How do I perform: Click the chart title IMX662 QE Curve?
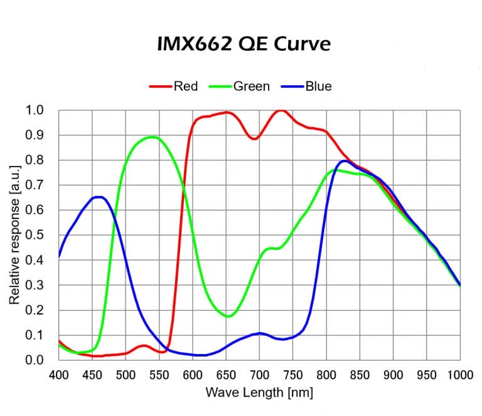point(243,44)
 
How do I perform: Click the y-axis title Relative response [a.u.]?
point(14,234)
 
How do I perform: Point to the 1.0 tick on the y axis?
point(35,110)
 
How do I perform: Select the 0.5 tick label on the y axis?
point(35,235)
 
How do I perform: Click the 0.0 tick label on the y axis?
point(35,360)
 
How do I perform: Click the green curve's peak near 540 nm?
point(152,137)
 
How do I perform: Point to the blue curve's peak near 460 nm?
point(99,197)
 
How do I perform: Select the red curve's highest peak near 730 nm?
point(280,111)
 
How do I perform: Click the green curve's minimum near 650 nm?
point(228,316)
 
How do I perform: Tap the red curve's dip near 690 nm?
point(254,138)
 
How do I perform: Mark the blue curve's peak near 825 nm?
point(344,161)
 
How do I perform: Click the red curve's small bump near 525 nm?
point(144,346)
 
